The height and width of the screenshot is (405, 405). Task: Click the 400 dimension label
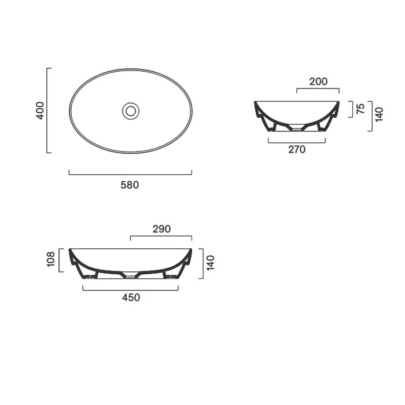point(40,111)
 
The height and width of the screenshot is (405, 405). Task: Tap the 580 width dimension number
point(130,185)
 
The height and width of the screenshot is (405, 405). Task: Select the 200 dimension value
point(318,82)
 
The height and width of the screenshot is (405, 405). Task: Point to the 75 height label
point(360,109)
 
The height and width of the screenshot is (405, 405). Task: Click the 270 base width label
point(297,149)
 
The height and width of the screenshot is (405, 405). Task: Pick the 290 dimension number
point(161,229)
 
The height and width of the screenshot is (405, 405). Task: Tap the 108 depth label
point(51,259)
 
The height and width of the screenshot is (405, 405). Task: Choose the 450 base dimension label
point(131,297)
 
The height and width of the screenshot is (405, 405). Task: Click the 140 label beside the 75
point(379,115)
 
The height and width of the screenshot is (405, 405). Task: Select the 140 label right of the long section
point(211,263)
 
